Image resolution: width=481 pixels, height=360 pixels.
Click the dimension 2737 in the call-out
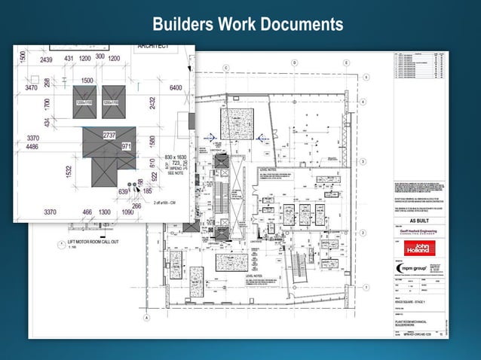click(109, 135)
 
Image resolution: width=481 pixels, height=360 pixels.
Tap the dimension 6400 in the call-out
click(176, 88)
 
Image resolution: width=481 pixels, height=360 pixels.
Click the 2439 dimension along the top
click(47, 59)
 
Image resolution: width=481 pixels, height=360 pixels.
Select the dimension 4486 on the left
click(32, 147)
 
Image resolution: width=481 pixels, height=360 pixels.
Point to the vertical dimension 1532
click(68, 172)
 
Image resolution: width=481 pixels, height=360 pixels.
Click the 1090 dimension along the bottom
click(128, 212)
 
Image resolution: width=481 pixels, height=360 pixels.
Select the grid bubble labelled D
click(294, 63)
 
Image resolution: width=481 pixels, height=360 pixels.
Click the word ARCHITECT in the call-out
click(153, 47)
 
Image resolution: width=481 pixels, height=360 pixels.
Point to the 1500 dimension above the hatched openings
click(87, 80)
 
